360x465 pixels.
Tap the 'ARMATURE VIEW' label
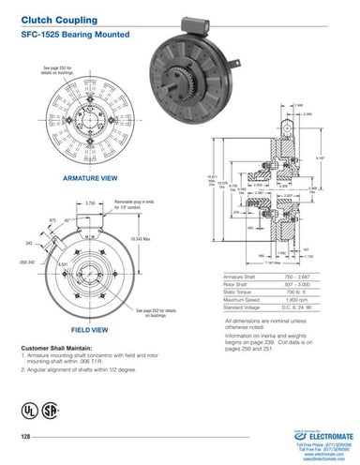(89, 176)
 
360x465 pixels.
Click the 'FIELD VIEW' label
(89, 330)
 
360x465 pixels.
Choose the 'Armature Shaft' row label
(243, 278)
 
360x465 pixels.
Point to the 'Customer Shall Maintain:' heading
(58, 348)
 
